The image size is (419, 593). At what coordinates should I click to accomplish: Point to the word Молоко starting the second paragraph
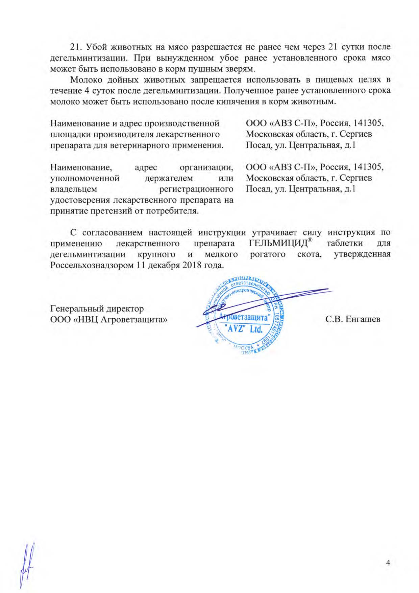[x=86, y=80]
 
